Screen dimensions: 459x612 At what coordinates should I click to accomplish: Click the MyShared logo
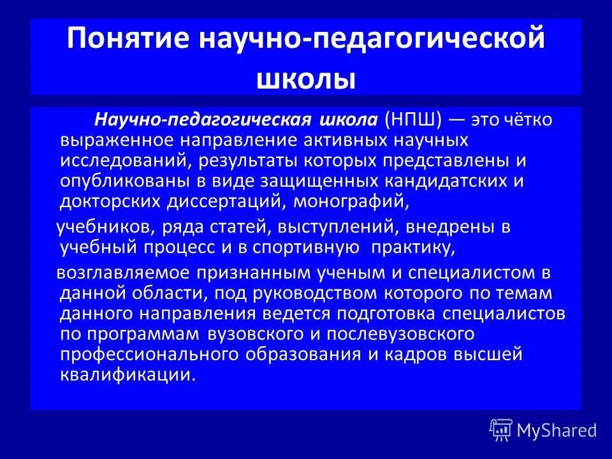pyautogui.click(x=543, y=430)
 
